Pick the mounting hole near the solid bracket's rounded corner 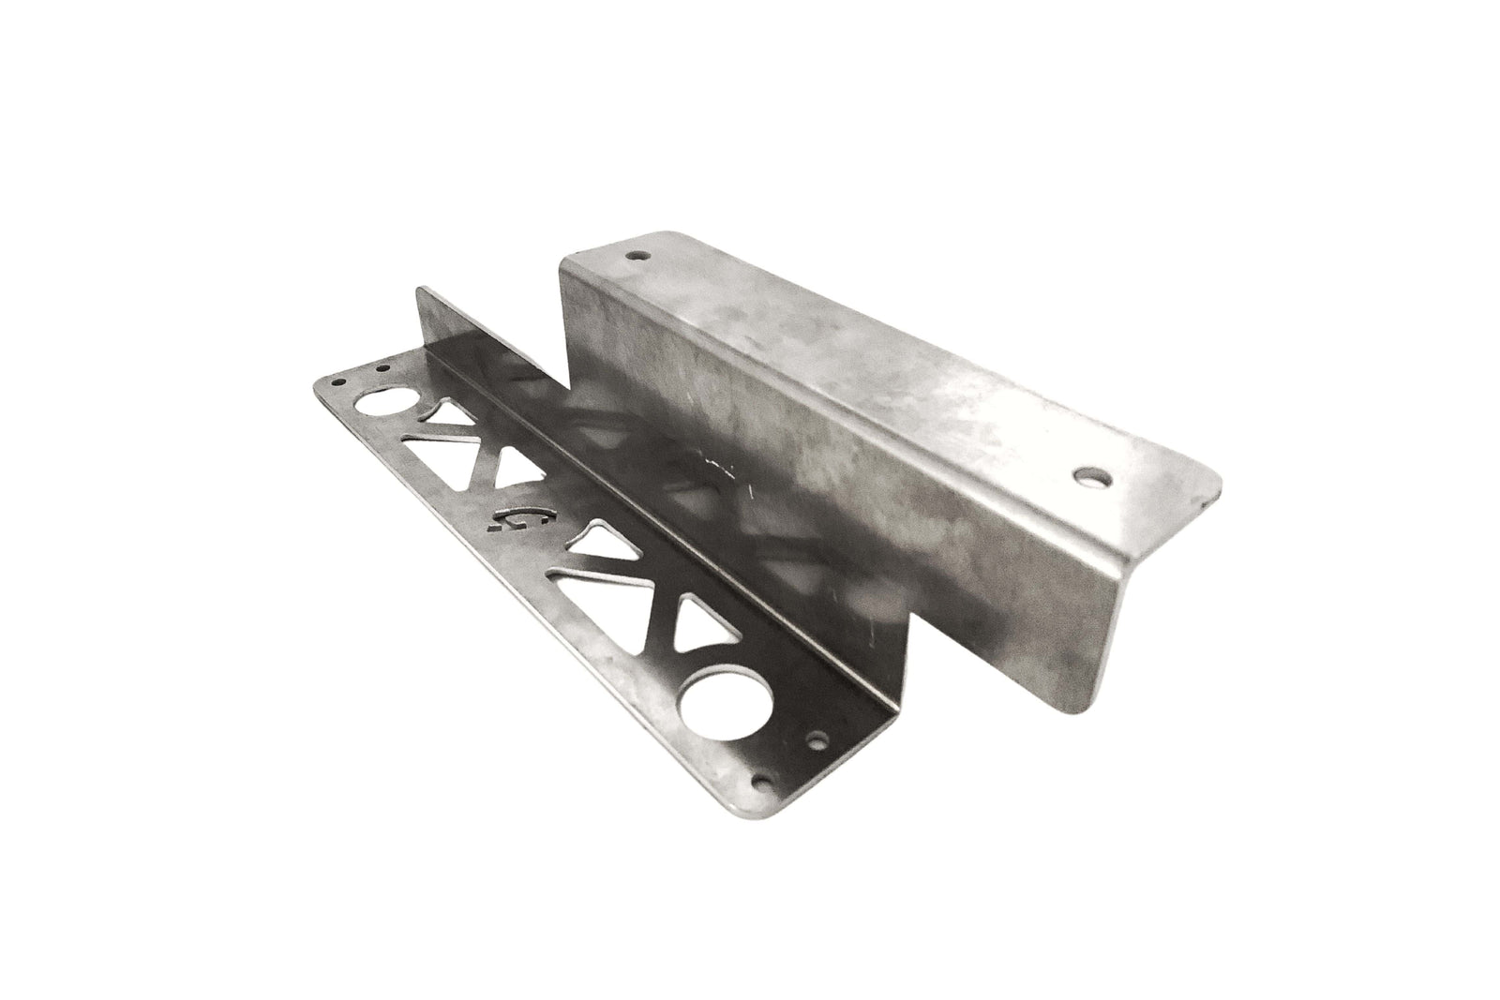[1091, 477]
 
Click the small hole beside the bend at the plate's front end [819, 739]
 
